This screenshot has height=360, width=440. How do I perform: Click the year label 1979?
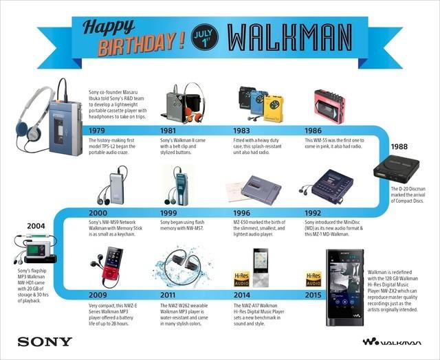(x=101, y=130)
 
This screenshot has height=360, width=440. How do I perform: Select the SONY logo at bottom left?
(x=42, y=341)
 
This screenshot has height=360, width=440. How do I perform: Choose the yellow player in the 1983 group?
(x=273, y=107)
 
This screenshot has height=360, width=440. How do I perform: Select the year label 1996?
(x=245, y=214)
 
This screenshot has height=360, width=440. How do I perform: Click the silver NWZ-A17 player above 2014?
(x=260, y=268)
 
